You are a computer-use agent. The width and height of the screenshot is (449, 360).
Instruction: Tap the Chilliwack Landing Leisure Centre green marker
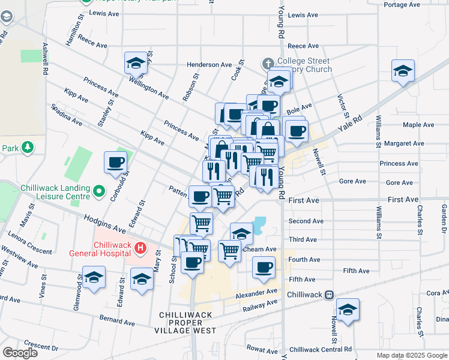pyautogui.click(x=100, y=193)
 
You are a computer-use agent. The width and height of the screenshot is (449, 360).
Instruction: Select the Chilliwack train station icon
pyautogui.click(x=329, y=295)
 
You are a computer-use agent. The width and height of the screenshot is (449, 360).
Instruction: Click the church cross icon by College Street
pyautogui.click(x=268, y=63)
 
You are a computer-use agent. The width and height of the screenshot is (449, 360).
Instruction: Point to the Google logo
pyautogui.click(x=20, y=352)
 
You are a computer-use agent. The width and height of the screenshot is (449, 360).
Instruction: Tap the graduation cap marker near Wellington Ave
pyautogui.click(x=136, y=63)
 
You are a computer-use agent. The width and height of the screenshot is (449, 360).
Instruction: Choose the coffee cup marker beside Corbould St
pyautogui.click(x=116, y=161)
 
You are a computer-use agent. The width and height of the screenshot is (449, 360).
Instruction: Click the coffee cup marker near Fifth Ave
pyautogui.click(x=264, y=267)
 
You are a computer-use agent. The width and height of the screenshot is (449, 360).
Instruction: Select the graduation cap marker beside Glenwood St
pyautogui.click(x=93, y=278)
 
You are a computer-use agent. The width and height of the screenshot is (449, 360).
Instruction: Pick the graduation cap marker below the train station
pyautogui.click(x=348, y=310)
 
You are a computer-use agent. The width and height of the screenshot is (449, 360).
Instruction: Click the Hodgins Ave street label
pyautogui.click(x=104, y=225)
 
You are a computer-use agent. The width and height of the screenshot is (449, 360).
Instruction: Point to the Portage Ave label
pyautogui.click(x=404, y=5)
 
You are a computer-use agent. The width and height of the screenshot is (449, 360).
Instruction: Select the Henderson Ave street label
pyautogui.click(x=209, y=65)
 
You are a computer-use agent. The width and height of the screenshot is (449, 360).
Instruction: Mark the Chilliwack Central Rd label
pyautogui.click(x=320, y=349)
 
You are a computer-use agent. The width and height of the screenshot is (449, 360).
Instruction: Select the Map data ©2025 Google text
pyautogui.click(x=411, y=355)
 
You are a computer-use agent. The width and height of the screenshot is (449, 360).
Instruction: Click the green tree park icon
pyautogui.click(x=27, y=147)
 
